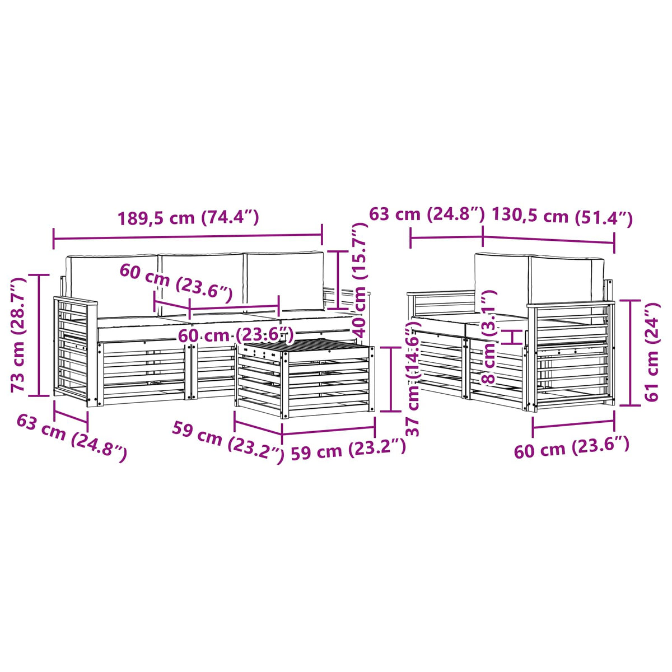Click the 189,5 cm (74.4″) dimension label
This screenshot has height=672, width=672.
[188, 218]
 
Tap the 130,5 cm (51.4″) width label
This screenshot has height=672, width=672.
[562, 217]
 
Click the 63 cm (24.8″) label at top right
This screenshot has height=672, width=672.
[427, 214]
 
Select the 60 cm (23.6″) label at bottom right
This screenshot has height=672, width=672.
[572, 447]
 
